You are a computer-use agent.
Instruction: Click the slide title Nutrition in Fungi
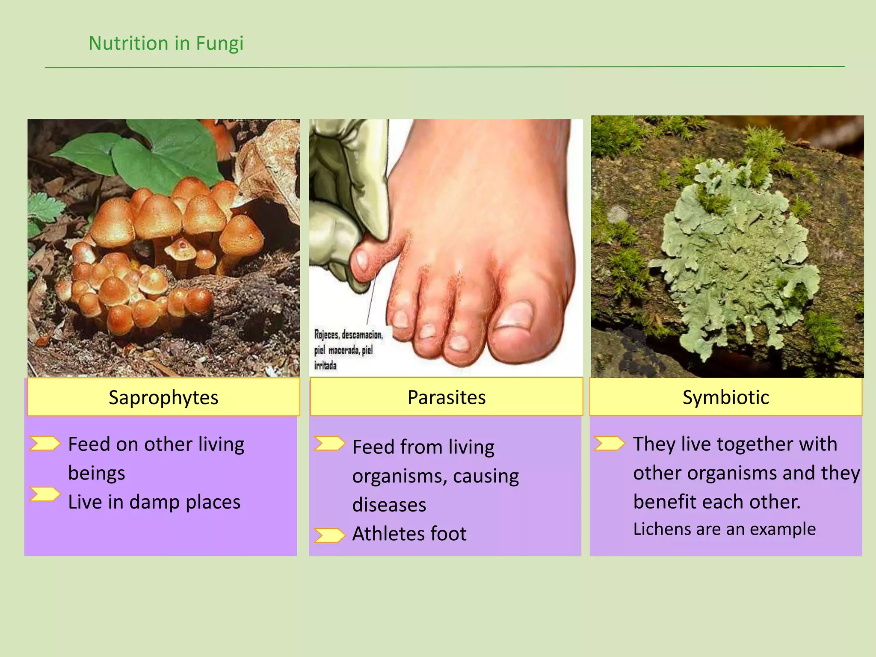(x=166, y=43)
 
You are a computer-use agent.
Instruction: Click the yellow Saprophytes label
(x=163, y=397)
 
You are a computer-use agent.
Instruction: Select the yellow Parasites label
(x=446, y=397)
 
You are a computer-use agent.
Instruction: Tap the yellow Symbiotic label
(x=725, y=397)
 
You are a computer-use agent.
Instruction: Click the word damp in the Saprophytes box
(x=154, y=502)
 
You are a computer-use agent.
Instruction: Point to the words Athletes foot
(x=409, y=534)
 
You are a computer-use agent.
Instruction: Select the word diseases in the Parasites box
(x=389, y=505)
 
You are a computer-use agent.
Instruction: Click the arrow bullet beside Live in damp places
(x=45, y=494)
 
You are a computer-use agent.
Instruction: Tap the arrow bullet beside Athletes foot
(x=329, y=535)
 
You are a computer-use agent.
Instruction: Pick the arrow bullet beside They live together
(x=609, y=444)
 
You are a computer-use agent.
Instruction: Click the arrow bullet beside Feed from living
(x=329, y=444)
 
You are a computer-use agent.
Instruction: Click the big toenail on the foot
(x=515, y=315)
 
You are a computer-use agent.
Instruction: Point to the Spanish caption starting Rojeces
(x=347, y=350)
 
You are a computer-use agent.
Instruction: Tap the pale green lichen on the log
(x=731, y=252)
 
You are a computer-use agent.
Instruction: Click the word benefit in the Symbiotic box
(x=661, y=502)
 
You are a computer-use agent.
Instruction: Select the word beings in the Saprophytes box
(x=97, y=474)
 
